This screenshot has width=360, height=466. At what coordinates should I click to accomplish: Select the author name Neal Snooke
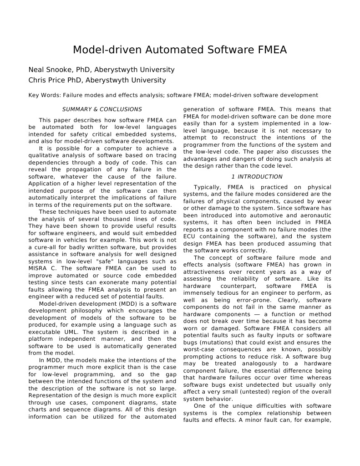51,70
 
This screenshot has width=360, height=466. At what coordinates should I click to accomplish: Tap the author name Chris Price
49,80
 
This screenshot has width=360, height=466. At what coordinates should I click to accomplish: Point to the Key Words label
44,95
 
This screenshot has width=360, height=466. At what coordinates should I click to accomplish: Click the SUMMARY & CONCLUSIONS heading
102,109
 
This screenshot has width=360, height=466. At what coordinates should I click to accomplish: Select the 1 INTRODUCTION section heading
257,177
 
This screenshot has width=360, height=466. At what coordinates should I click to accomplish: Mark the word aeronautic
314,215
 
